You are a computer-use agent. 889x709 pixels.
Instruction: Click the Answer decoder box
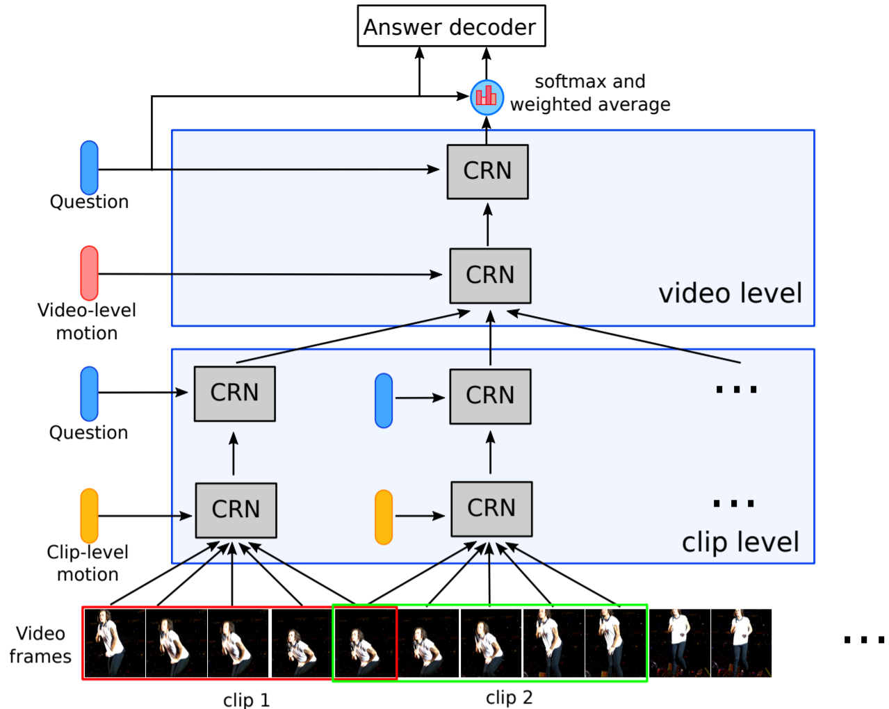(x=451, y=26)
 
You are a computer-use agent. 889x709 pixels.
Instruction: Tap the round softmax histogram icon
(x=487, y=97)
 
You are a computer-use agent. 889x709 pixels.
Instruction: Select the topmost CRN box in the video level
(x=487, y=172)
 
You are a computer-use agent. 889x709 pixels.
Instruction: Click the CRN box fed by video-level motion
(x=490, y=276)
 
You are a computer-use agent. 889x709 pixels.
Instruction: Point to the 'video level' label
(x=730, y=293)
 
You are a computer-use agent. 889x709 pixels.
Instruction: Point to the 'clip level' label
(x=740, y=542)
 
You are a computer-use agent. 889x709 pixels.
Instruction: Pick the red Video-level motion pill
(x=89, y=273)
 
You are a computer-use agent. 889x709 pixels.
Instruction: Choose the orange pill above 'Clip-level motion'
(x=89, y=516)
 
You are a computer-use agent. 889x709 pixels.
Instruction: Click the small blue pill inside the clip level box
(x=384, y=400)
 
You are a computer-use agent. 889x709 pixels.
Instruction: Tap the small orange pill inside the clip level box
(x=384, y=517)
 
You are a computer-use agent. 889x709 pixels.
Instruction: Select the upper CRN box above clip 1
(x=234, y=393)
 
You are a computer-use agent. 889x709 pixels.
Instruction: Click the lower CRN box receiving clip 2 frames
(x=491, y=509)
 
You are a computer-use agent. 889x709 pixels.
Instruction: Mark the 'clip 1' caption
(x=246, y=699)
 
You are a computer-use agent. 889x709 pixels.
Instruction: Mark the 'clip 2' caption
(x=509, y=697)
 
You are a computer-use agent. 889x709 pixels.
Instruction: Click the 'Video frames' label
(x=40, y=644)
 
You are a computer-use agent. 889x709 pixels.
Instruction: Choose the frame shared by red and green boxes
(x=365, y=643)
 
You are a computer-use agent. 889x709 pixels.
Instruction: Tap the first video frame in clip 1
(x=114, y=643)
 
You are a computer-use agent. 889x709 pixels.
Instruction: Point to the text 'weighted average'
(x=590, y=104)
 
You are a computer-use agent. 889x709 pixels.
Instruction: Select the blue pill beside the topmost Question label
(x=89, y=168)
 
